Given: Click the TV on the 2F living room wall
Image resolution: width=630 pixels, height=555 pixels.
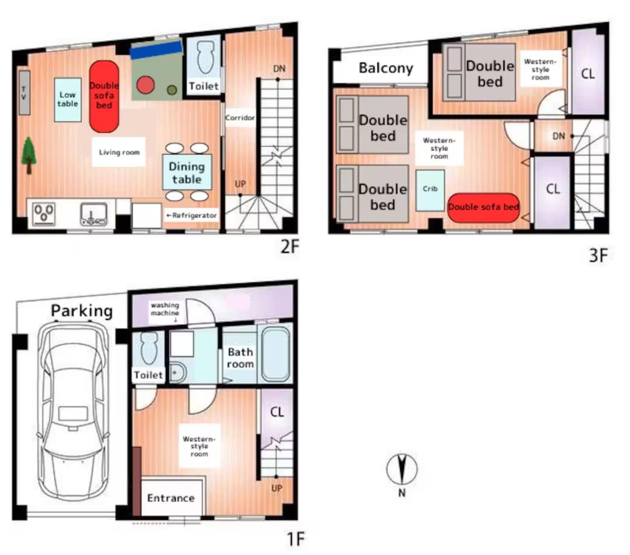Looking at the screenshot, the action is tap(24, 92).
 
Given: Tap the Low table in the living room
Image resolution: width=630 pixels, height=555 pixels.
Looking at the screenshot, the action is tap(68, 100).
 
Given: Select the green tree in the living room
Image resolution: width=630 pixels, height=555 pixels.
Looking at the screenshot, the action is tap(28, 155).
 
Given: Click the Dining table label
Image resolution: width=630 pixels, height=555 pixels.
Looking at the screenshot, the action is tap(187, 173).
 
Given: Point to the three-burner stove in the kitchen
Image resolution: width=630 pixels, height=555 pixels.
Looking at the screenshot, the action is tap(44, 214).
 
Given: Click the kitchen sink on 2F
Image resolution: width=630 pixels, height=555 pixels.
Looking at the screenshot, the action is tap(93, 214).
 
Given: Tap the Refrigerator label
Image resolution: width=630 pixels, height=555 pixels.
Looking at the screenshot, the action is tap(191, 215).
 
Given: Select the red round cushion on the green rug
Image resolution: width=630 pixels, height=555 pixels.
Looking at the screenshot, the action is tap(145, 85).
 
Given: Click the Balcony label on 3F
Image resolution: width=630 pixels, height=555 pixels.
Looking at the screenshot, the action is tap(386, 68).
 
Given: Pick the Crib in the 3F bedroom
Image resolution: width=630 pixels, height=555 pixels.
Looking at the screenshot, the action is tap(430, 190).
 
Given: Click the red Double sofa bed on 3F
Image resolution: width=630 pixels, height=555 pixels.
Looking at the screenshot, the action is tap(483, 208).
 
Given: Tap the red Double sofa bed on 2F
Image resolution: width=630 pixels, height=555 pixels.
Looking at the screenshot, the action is tap(104, 96).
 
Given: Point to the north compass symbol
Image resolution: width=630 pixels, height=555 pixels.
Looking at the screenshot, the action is tap(402, 469).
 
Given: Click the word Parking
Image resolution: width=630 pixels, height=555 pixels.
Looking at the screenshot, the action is tap(82, 311).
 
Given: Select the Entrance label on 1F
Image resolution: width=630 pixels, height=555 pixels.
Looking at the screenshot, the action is tap(171, 498).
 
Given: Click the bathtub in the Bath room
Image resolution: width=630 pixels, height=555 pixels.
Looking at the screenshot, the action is tap(275, 354).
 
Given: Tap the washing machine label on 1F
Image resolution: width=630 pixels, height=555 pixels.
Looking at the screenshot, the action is tap(165, 309).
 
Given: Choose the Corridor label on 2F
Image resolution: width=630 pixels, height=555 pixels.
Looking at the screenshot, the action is tap(240, 118).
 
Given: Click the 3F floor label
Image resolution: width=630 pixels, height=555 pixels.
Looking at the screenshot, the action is tap(598, 255).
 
